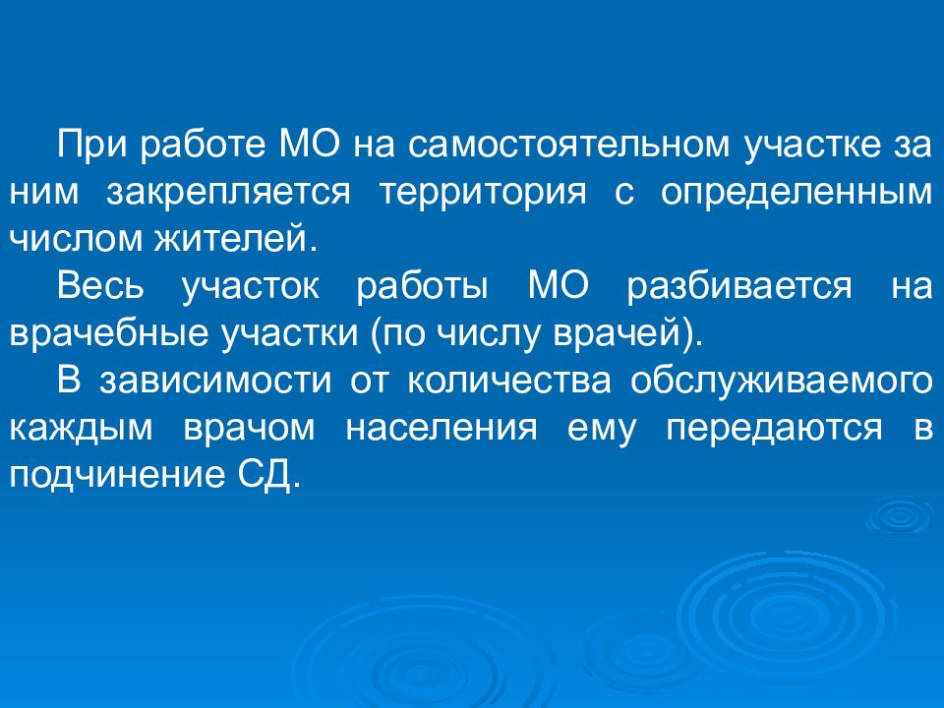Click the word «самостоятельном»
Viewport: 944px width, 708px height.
click(568, 145)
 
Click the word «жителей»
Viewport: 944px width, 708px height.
click(236, 238)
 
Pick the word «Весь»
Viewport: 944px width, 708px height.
click(100, 285)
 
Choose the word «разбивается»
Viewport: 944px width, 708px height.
click(739, 286)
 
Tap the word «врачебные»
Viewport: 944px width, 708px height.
click(108, 333)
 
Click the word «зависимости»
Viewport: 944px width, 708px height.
click(215, 381)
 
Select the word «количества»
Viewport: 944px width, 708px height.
click(509, 381)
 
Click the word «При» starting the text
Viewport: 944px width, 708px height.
click(91, 146)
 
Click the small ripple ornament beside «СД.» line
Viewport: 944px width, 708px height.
click(900, 516)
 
